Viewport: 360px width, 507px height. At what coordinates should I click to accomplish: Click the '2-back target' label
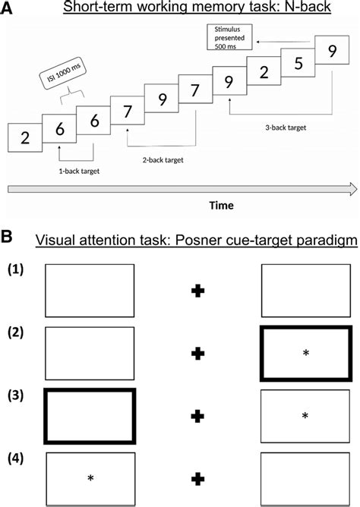165,160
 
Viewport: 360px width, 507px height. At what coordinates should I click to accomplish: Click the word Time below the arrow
178,205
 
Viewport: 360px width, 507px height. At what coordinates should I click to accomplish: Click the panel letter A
7,8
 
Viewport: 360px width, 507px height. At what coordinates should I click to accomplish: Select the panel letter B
7,238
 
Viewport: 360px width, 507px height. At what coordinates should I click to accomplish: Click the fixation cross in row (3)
198,415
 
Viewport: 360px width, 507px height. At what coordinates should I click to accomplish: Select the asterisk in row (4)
90,478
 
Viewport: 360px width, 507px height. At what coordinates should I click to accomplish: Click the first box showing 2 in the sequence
25,137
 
